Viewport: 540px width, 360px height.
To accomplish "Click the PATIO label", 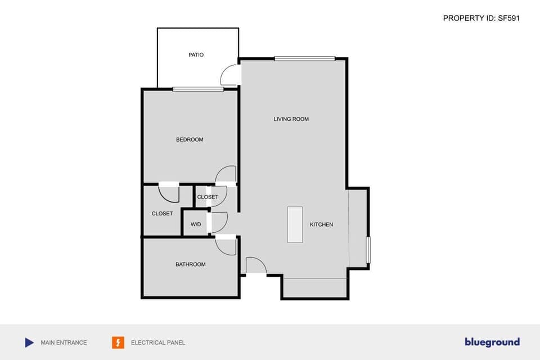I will [196, 55].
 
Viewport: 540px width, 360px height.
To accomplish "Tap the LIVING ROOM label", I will [291, 119].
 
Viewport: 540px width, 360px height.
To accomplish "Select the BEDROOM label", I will [190, 139].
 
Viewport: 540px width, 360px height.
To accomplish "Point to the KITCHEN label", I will [321, 224].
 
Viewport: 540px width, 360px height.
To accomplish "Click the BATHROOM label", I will [190, 264].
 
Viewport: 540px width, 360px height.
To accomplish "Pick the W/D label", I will [196, 224].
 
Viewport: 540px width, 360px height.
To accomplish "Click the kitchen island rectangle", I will [295, 224].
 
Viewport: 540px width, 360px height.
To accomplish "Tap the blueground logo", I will [492, 342].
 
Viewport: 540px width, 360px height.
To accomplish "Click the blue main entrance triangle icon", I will [29, 343].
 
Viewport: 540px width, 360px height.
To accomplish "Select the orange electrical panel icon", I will [118, 343].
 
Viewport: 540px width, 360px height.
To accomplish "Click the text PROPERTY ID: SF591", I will [481, 18].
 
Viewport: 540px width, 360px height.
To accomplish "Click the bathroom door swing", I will [226, 246].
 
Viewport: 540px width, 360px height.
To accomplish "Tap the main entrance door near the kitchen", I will [256, 266].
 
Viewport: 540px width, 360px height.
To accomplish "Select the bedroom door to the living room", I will [226, 174].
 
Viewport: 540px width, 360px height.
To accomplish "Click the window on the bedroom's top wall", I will [197, 89].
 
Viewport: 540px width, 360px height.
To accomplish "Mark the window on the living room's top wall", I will [305, 58].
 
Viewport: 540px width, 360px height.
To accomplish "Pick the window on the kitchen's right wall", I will [368, 250].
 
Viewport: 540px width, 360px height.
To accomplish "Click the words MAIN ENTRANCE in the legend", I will [64, 343].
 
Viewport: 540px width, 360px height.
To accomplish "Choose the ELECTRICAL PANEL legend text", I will [158, 343].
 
